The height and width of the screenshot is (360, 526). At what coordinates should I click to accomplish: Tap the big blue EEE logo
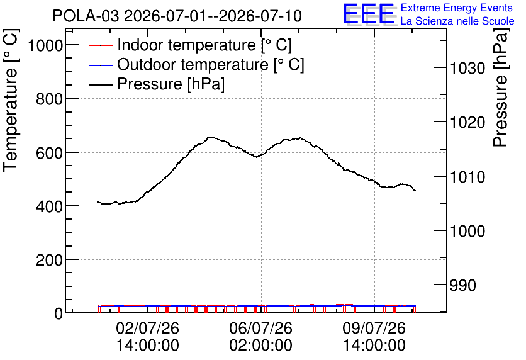[369, 14]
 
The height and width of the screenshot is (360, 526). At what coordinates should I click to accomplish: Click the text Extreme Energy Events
[457, 8]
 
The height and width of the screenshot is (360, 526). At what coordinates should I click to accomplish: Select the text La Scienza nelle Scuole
[457, 21]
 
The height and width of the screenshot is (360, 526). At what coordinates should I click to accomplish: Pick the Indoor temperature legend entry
[190, 45]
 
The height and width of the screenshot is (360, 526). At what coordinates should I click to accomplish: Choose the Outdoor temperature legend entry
[196, 64]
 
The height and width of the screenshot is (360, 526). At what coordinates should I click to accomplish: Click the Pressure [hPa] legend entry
[157, 84]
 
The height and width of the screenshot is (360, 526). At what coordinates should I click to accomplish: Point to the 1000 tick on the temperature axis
[45, 45]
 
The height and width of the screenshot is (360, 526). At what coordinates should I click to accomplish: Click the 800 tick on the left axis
[49, 99]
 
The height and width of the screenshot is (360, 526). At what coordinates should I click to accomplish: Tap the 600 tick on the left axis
[49, 152]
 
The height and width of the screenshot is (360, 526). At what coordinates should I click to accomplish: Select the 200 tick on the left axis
[49, 260]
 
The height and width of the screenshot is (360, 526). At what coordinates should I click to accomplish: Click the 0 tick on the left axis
[59, 313]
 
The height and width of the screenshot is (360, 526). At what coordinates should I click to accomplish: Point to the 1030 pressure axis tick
[467, 68]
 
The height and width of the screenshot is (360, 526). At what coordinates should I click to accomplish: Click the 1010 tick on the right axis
[467, 177]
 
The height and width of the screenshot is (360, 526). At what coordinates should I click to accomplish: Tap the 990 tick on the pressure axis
[462, 285]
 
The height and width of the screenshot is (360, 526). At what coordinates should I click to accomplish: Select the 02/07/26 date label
[148, 328]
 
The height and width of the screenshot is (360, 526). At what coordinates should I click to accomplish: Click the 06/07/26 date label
[260, 328]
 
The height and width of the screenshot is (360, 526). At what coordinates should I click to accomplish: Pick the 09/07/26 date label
[374, 328]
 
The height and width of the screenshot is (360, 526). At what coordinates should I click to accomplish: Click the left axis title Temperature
[11, 120]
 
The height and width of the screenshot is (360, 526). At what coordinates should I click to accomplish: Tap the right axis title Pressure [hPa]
[501, 88]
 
